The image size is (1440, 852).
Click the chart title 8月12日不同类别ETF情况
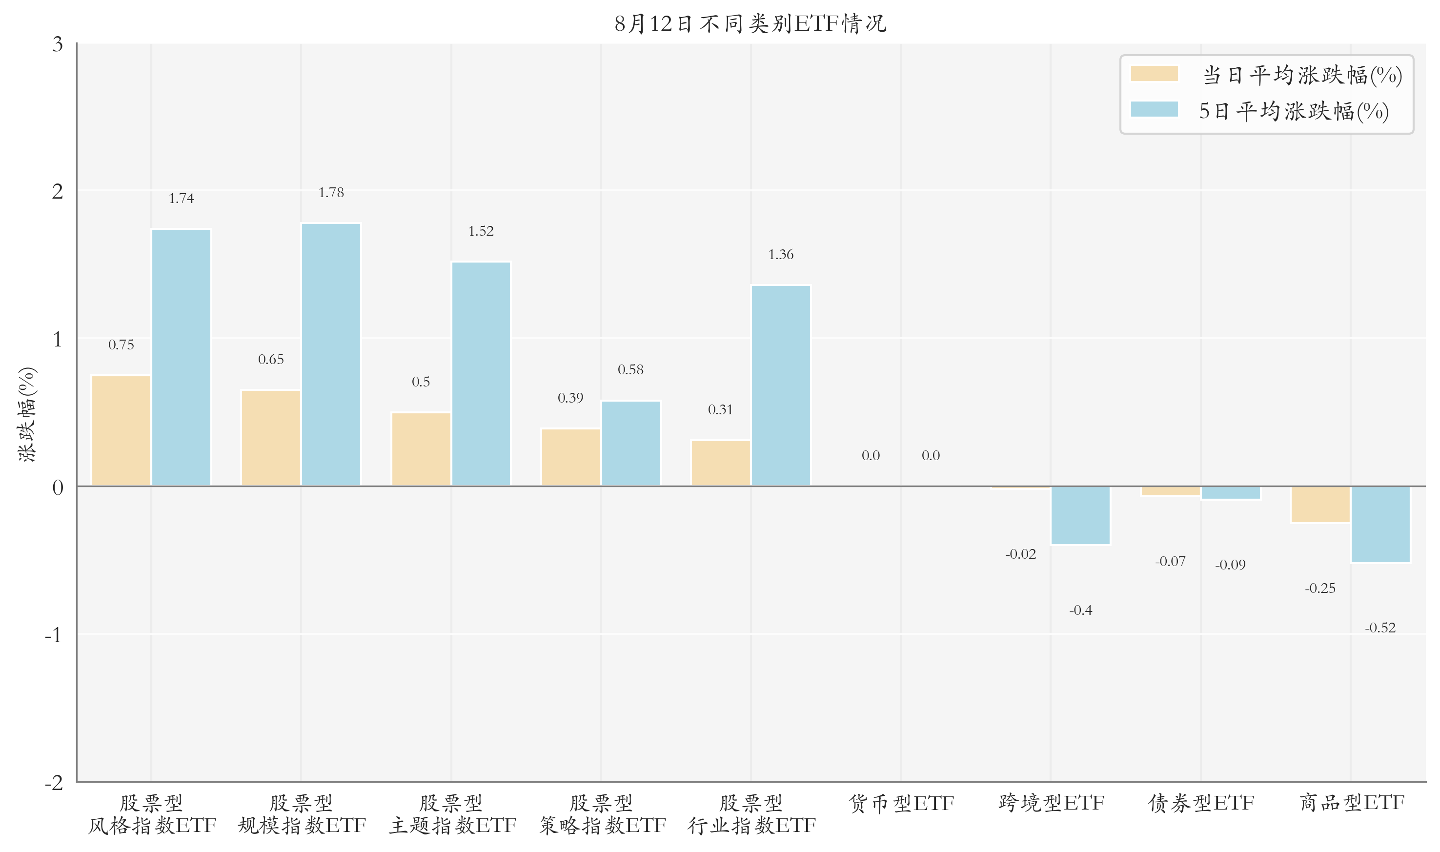tap(750, 24)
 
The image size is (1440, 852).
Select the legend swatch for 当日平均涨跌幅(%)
tap(1154, 74)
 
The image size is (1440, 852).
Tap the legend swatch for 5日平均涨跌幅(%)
tap(1154, 110)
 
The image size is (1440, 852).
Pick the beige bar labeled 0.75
tap(121, 430)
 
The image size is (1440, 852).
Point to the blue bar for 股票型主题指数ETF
tap(481, 374)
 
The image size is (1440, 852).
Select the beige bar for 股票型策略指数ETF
tap(570, 457)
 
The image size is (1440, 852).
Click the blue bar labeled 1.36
tap(781, 385)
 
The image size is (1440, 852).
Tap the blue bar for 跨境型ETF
tap(1080, 515)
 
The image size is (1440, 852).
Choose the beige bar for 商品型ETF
tap(1320, 505)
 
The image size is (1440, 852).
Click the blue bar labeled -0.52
tap(1380, 524)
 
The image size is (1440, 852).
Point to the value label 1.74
tap(182, 199)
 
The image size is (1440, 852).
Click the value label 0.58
tap(630, 370)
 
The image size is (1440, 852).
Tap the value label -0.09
tap(1230, 565)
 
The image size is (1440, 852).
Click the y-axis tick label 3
tap(58, 44)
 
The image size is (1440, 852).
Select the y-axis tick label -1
tap(53, 635)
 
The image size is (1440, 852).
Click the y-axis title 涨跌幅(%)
tap(27, 414)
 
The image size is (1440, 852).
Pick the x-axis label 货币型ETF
tap(900, 803)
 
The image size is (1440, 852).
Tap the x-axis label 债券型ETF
tap(1201, 803)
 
